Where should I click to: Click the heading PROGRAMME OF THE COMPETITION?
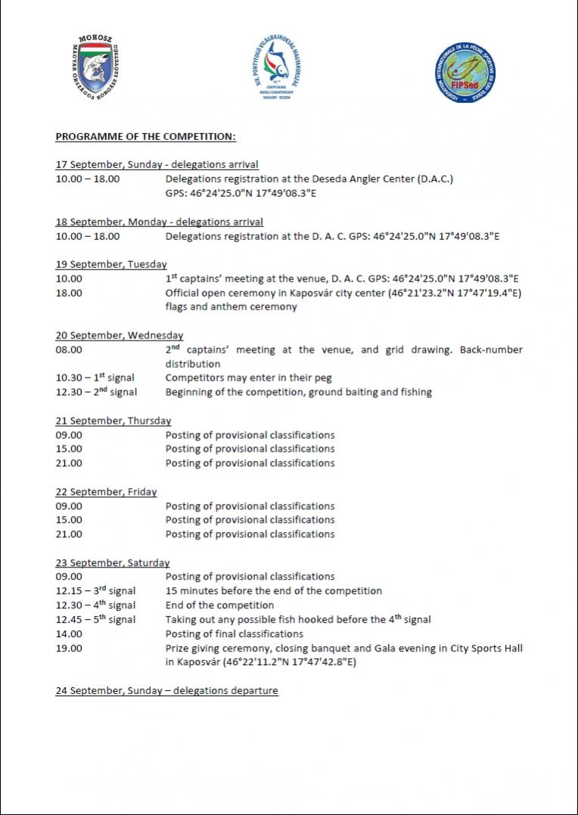146,137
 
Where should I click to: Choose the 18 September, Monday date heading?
160,222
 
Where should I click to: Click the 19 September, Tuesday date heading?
111,264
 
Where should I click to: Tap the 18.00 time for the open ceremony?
69,293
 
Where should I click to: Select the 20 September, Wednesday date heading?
120,335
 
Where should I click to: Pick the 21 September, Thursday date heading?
113,421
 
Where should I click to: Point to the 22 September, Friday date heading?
107,492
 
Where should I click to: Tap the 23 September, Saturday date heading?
113,562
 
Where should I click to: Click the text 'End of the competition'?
220,605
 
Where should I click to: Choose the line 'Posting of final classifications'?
235,633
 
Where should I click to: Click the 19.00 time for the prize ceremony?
69,648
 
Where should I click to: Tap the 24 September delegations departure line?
166,691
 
